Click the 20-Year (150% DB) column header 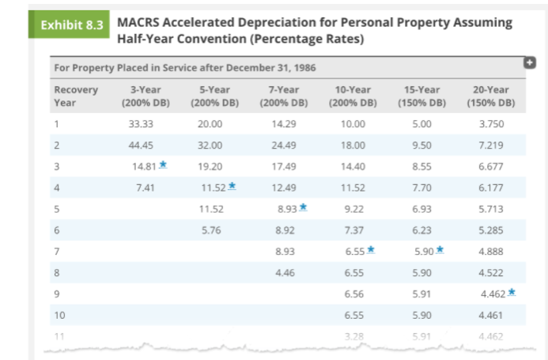coord(491,96)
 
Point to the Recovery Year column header coord(76,96)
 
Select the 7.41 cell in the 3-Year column coord(144,188)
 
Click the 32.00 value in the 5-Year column coord(210,145)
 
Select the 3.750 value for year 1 coord(491,124)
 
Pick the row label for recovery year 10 coord(59,314)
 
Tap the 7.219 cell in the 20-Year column coord(491,145)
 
